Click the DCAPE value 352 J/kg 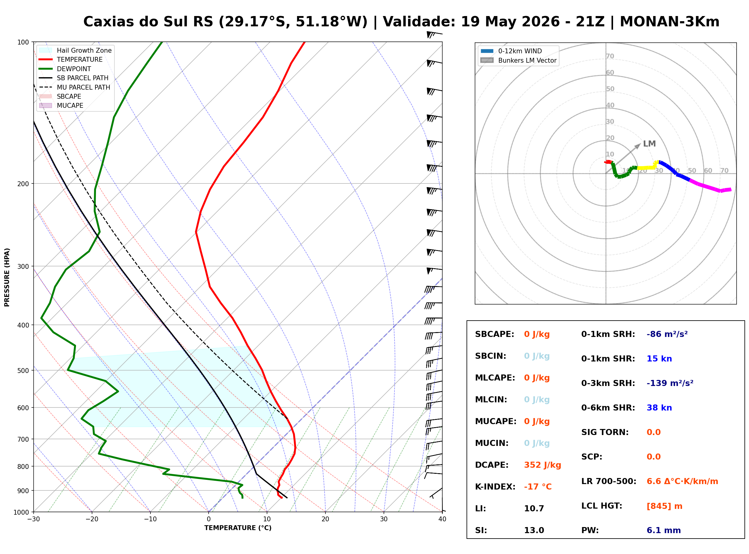point(543,465)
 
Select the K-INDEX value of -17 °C point(538,487)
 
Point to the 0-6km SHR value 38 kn point(659,408)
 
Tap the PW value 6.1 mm point(664,530)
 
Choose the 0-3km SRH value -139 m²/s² point(670,383)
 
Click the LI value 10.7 point(534,509)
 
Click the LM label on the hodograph point(649,144)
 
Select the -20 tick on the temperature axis point(92,519)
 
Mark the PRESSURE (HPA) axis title point(7,277)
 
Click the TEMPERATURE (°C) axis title point(238,528)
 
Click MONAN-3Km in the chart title point(670,22)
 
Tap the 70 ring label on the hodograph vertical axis point(610,56)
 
